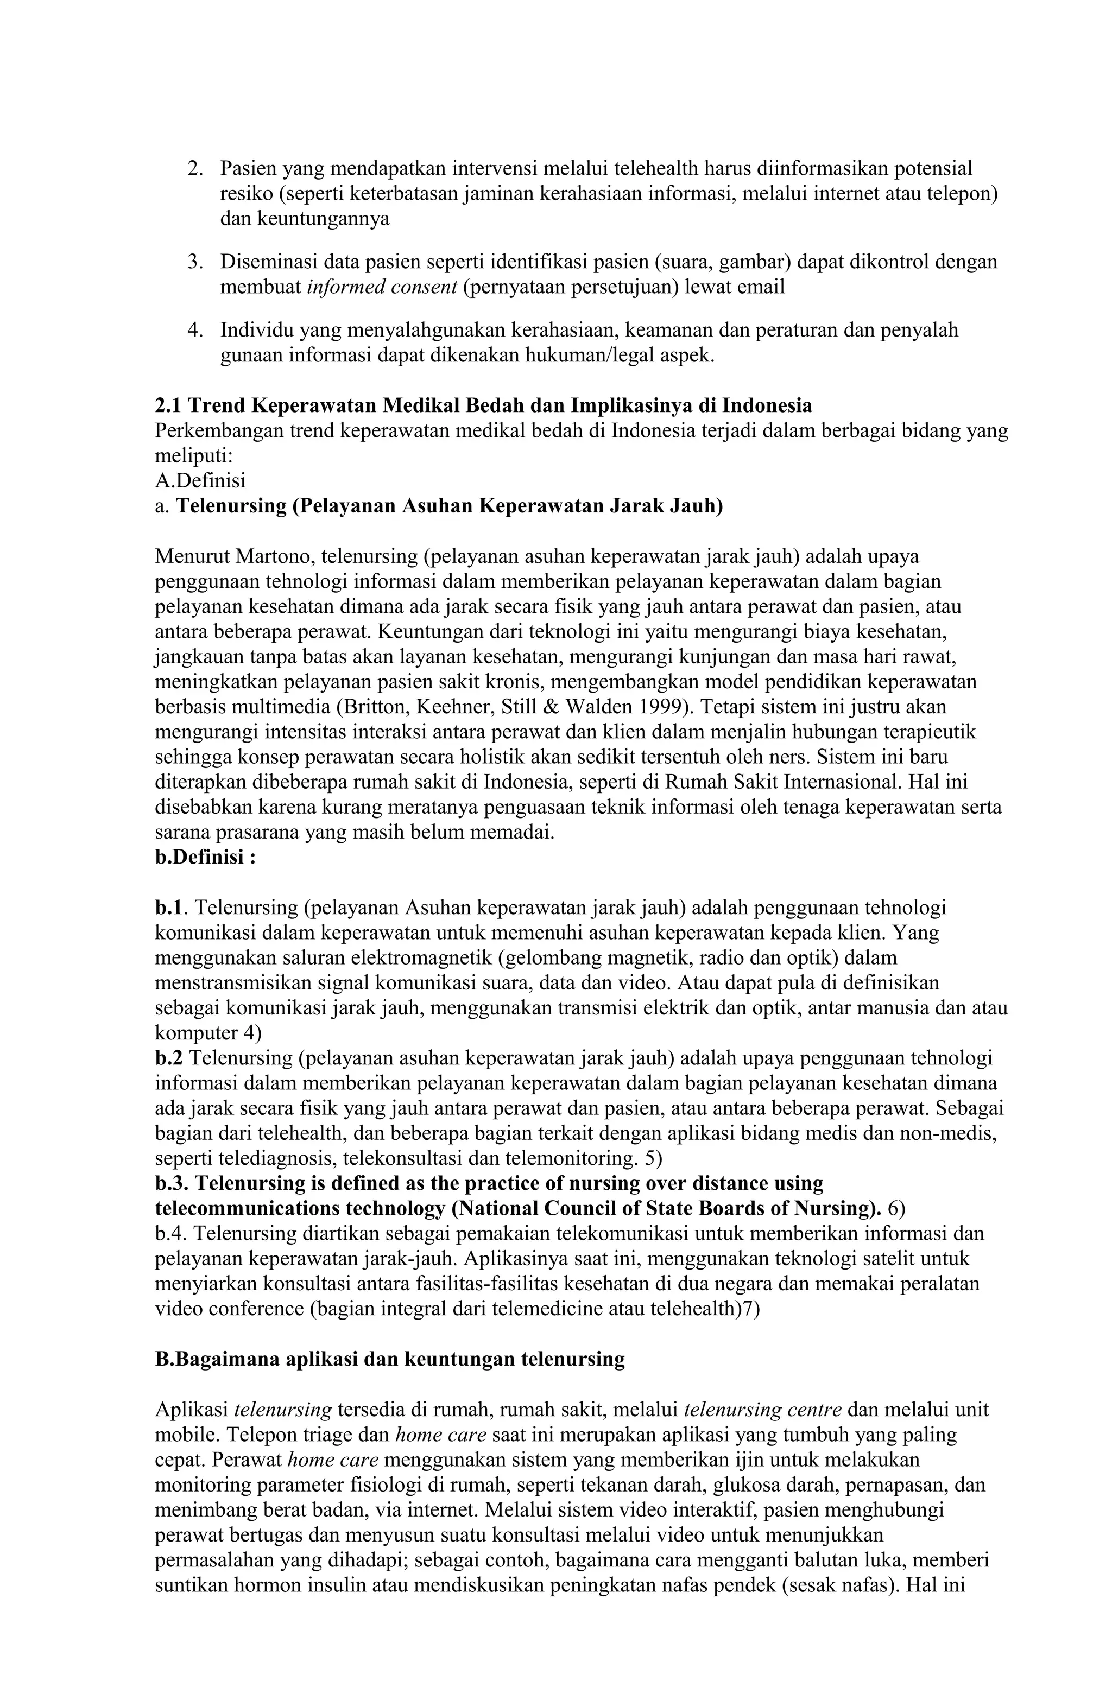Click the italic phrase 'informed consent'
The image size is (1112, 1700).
(382, 287)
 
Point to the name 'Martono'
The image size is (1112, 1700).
(275, 556)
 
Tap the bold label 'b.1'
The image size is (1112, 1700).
(169, 907)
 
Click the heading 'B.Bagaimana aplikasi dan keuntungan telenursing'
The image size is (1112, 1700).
(389, 1359)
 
